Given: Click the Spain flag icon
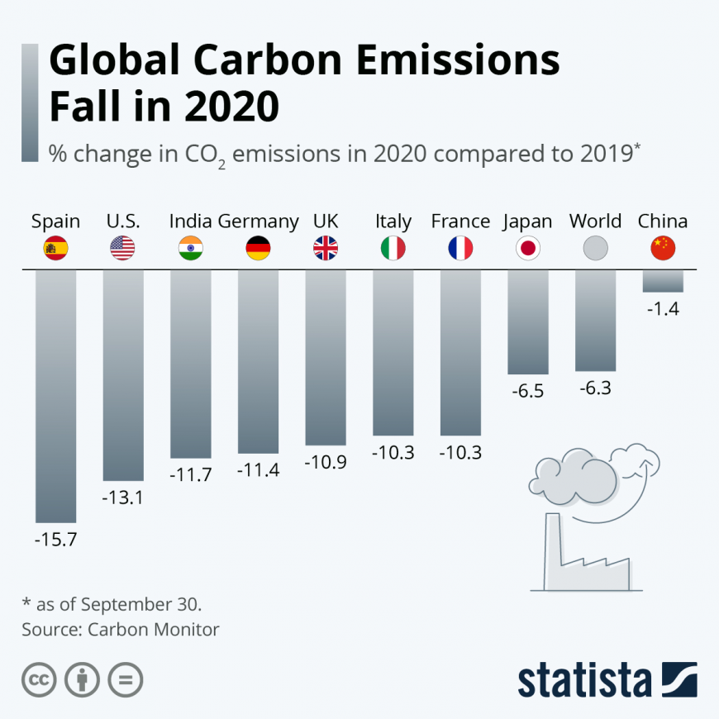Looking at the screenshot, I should point(55,248).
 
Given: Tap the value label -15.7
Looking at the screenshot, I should point(55,540).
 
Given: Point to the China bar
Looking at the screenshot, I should point(663,281).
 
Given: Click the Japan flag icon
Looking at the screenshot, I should point(528,248).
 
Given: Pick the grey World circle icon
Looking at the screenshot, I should point(595,248).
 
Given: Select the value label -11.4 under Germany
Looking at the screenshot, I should point(258,471).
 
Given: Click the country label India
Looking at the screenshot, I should point(191,221).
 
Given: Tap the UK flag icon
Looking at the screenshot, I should point(326,248).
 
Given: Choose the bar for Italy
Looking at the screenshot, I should point(393,352).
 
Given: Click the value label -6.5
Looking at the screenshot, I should point(528,392).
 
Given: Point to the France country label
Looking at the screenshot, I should point(460,221).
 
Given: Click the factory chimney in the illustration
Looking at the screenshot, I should point(551,550).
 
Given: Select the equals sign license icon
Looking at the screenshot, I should point(126,680).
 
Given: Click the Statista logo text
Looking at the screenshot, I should point(584,679).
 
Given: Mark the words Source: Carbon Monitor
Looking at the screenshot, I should point(121,630).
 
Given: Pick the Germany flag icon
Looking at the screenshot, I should point(258,248).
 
